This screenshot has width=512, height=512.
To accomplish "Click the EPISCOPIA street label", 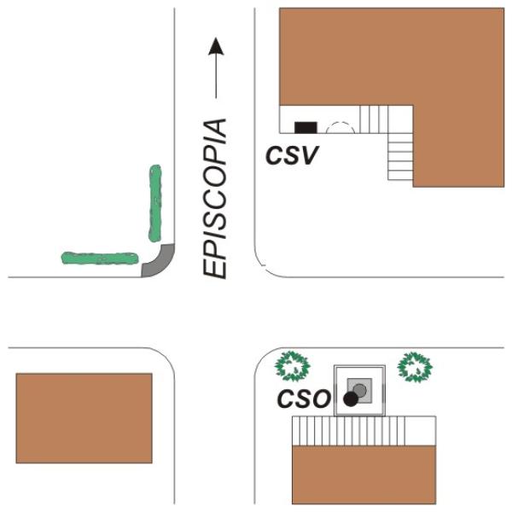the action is [x=214, y=199].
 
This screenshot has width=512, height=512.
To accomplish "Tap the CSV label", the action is [x=292, y=155].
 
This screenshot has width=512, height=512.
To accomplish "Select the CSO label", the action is [x=304, y=399].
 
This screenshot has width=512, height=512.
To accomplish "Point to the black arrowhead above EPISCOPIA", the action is [x=216, y=46].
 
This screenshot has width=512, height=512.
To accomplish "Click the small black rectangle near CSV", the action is [x=305, y=128].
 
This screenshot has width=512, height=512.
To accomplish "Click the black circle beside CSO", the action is [x=351, y=399].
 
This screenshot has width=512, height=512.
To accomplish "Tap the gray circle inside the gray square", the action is [x=360, y=390].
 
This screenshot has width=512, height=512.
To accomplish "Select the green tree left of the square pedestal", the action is [x=292, y=366].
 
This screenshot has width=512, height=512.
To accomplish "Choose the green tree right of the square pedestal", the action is [x=415, y=367].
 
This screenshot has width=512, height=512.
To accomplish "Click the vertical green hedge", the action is [x=155, y=203].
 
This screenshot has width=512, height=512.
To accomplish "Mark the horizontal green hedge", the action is [x=100, y=258].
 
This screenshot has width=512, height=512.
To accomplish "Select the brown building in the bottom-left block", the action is [x=84, y=418].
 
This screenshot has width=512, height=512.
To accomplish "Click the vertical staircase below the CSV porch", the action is [x=401, y=156].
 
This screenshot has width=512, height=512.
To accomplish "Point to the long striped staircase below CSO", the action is [x=349, y=431].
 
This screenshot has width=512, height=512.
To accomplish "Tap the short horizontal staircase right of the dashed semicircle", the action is [x=375, y=119].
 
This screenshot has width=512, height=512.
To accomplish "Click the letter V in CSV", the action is [x=309, y=155].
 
